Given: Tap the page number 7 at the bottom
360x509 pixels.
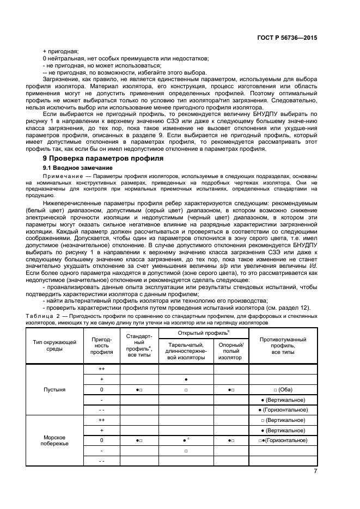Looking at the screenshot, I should (x=315, y=471).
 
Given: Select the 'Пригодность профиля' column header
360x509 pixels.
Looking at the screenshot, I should (x=101, y=345).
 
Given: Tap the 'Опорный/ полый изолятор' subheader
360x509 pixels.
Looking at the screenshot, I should (x=231, y=351).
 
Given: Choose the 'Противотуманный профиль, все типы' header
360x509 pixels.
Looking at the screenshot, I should (x=283, y=345).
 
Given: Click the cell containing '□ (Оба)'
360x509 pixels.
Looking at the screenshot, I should (x=283, y=390).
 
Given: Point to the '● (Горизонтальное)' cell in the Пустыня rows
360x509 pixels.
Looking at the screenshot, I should (x=283, y=409).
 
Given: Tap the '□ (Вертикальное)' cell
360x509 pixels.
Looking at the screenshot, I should (x=283, y=420).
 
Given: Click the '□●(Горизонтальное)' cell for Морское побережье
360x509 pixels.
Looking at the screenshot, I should (x=283, y=440).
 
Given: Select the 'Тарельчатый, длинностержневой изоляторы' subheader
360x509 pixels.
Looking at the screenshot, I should (x=186, y=351).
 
